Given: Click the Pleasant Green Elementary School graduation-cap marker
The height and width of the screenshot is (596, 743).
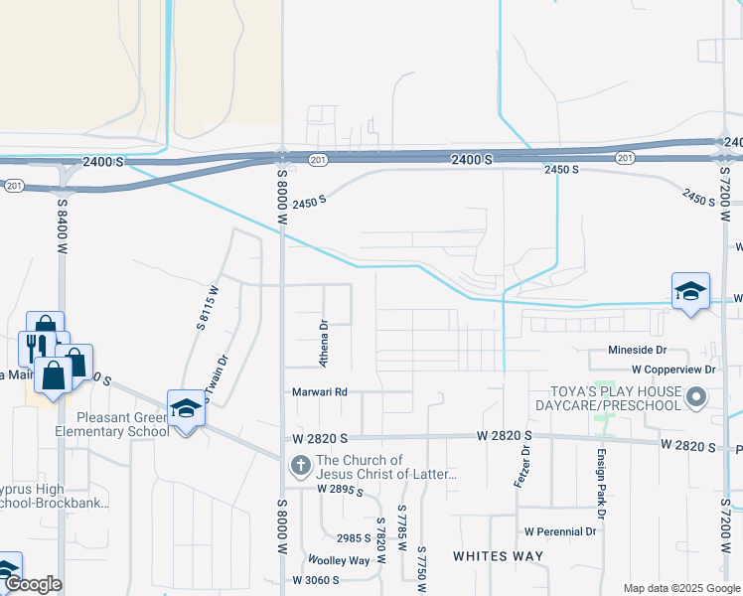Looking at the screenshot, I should (x=186, y=408).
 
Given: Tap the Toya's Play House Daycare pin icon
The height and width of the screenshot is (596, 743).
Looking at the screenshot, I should (x=696, y=399).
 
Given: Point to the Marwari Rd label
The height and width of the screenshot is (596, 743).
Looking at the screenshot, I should (x=319, y=392).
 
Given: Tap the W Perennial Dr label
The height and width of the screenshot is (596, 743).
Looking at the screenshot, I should (x=559, y=531).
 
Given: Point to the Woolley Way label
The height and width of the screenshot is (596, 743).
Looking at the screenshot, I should (x=338, y=560).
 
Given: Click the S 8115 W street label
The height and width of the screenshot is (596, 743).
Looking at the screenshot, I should (x=205, y=307).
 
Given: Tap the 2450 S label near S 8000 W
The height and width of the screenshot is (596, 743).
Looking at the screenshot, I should (x=309, y=203).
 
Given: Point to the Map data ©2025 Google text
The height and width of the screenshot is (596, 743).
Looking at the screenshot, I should (x=680, y=588).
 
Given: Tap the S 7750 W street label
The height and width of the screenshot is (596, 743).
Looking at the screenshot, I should (x=422, y=568).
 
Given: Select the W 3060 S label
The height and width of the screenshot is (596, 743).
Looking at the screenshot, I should (x=316, y=580).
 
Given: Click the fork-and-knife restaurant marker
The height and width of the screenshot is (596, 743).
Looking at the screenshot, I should (x=32, y=347).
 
